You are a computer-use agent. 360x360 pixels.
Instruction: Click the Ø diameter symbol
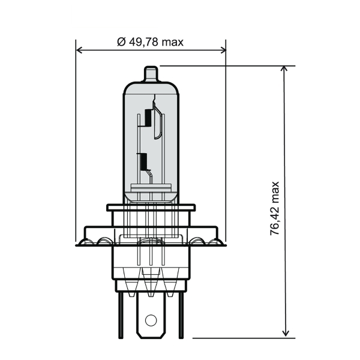[121, 42]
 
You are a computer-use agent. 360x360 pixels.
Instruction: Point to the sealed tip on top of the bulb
[151, 74]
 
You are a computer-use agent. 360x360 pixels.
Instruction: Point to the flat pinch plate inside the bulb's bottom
[151, 194]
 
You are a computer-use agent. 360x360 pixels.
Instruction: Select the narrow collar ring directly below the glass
[151, 208]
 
